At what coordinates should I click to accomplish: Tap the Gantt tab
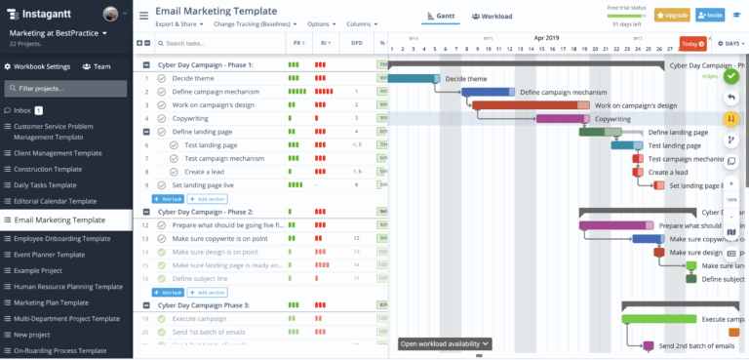[x=440, y=16]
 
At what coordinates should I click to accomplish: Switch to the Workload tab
[x=492, y=16]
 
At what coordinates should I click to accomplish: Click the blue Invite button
[x=710, y=16]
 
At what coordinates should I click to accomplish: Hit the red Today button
[x=691, y=43]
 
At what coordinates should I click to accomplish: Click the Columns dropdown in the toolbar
[x=363, y=23]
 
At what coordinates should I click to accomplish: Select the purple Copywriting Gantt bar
[x=562, y=119]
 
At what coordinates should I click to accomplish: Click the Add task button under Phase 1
[x=167, y=198]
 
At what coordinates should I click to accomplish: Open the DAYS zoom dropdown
[x=727, y=43]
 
